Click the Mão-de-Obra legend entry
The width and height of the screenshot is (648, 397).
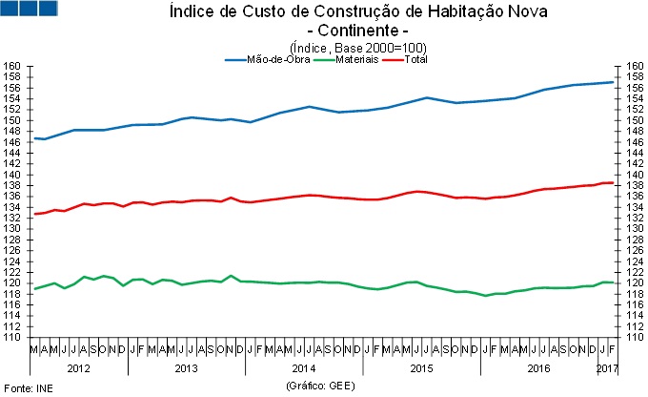pyautogui.click(x=269, y=59)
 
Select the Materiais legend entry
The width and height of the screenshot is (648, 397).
pyautogui.click(x=354, y=59)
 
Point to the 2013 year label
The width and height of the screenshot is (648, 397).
pyautogui.click(x=186, y=367)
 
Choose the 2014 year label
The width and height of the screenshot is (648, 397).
pyautogui.click(x=304, y=367)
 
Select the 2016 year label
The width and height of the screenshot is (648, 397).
pyautogui.click(x=538, y=367)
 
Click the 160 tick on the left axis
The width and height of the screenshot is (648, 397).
pyautogui.click(x=12, y=67)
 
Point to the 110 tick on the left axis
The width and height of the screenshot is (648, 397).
pyautogui.click(x=12, y=337)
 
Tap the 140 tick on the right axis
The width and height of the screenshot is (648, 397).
pyautogui.click(x=636, y=175)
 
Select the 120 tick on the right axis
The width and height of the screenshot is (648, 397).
pyautogui.click(x=636, y=282)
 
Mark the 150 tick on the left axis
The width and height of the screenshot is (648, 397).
pyautogui.click(x=12, y=121)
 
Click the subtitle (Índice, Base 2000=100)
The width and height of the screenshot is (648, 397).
pyautogui.click(x=356, y=47)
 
